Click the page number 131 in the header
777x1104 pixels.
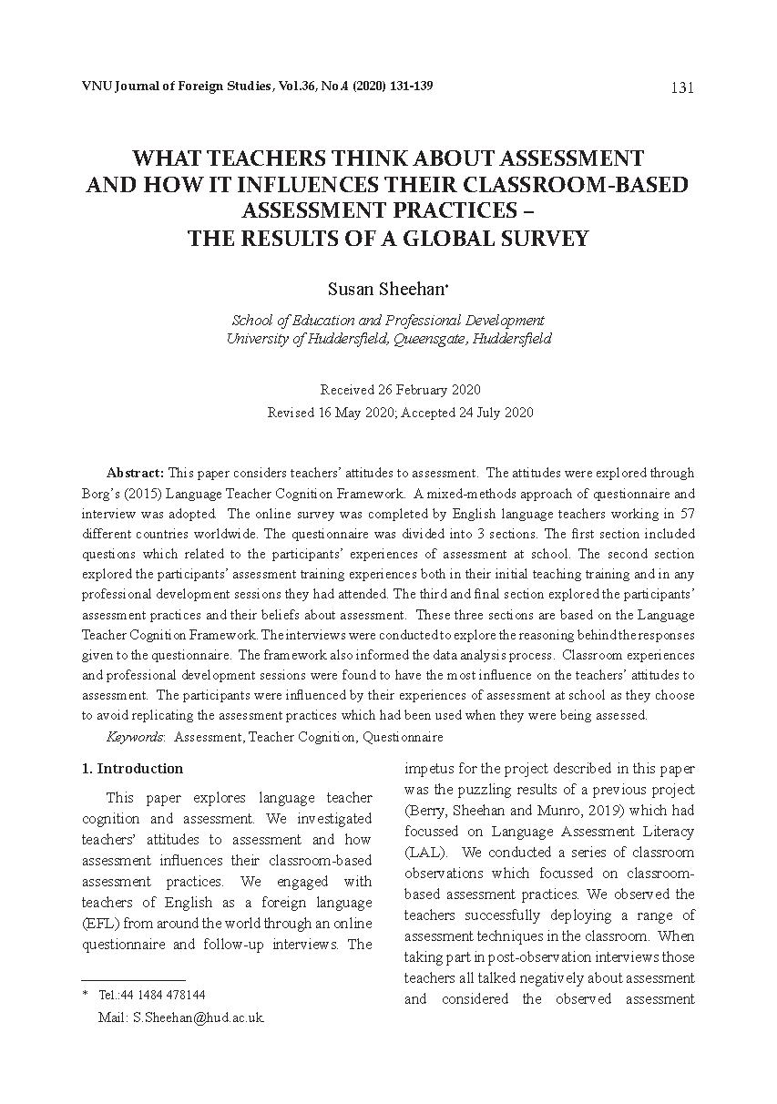point(682,88)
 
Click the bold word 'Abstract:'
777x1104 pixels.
point(135,473)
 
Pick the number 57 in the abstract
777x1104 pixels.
point(686,513)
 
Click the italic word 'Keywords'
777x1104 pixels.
point(135,736)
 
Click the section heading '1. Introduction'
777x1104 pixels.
point(132,768)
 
